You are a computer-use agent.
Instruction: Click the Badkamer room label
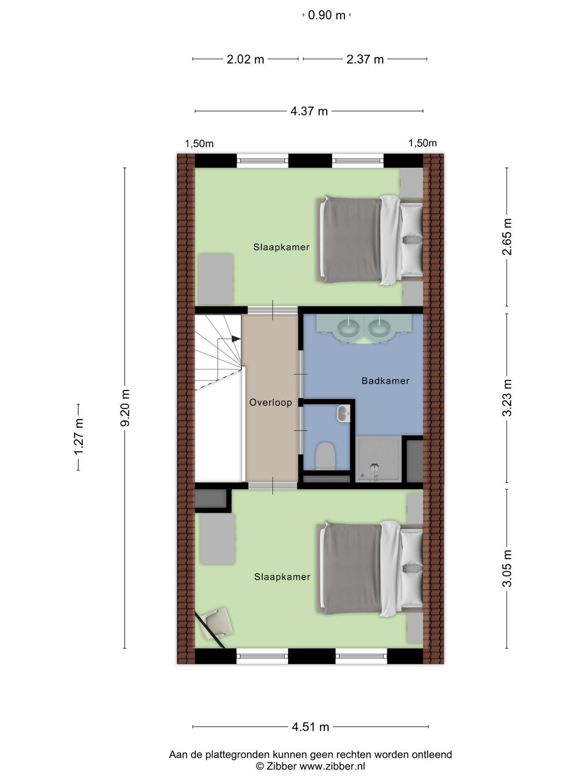[x=386, y=381]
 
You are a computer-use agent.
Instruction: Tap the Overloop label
[x=271, y=403]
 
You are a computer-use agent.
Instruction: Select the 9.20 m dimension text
[x=125, y=408]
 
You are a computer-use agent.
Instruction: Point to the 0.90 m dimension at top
[x=327, y=15]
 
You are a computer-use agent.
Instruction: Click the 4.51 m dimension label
[x=311, y=727]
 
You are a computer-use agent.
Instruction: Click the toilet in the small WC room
[x=325, y=456]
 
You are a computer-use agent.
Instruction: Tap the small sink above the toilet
[x=344, y=413]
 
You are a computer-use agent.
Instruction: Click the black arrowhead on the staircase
[x=236, y=339]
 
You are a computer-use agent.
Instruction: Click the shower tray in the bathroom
[x=379, y=460]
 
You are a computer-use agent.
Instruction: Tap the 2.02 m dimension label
[x=245, y=59]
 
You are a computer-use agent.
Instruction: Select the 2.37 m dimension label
[x=365, y=59]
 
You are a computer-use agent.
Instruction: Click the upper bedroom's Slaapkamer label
[x=281, y=247]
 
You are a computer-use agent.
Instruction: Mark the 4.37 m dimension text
[x=309, y=111]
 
